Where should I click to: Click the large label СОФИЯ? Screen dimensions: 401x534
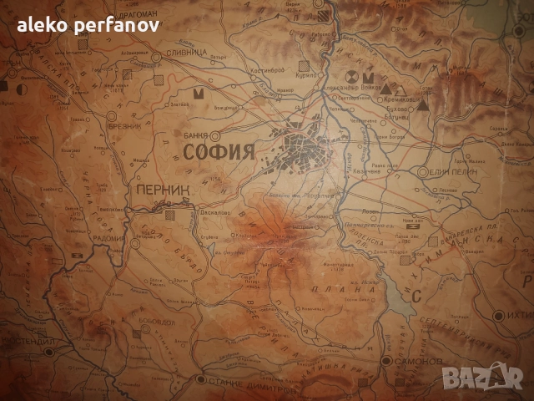(x=219, y=152)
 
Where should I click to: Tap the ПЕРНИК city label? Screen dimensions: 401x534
(x=161, y=190)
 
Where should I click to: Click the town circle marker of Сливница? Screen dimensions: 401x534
(x=157, y=57)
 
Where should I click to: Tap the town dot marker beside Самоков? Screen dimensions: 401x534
(x=387, y=361)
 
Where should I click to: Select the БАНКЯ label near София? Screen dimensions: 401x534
(x=194, y=134)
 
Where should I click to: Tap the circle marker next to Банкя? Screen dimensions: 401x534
(x=215, y=134)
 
